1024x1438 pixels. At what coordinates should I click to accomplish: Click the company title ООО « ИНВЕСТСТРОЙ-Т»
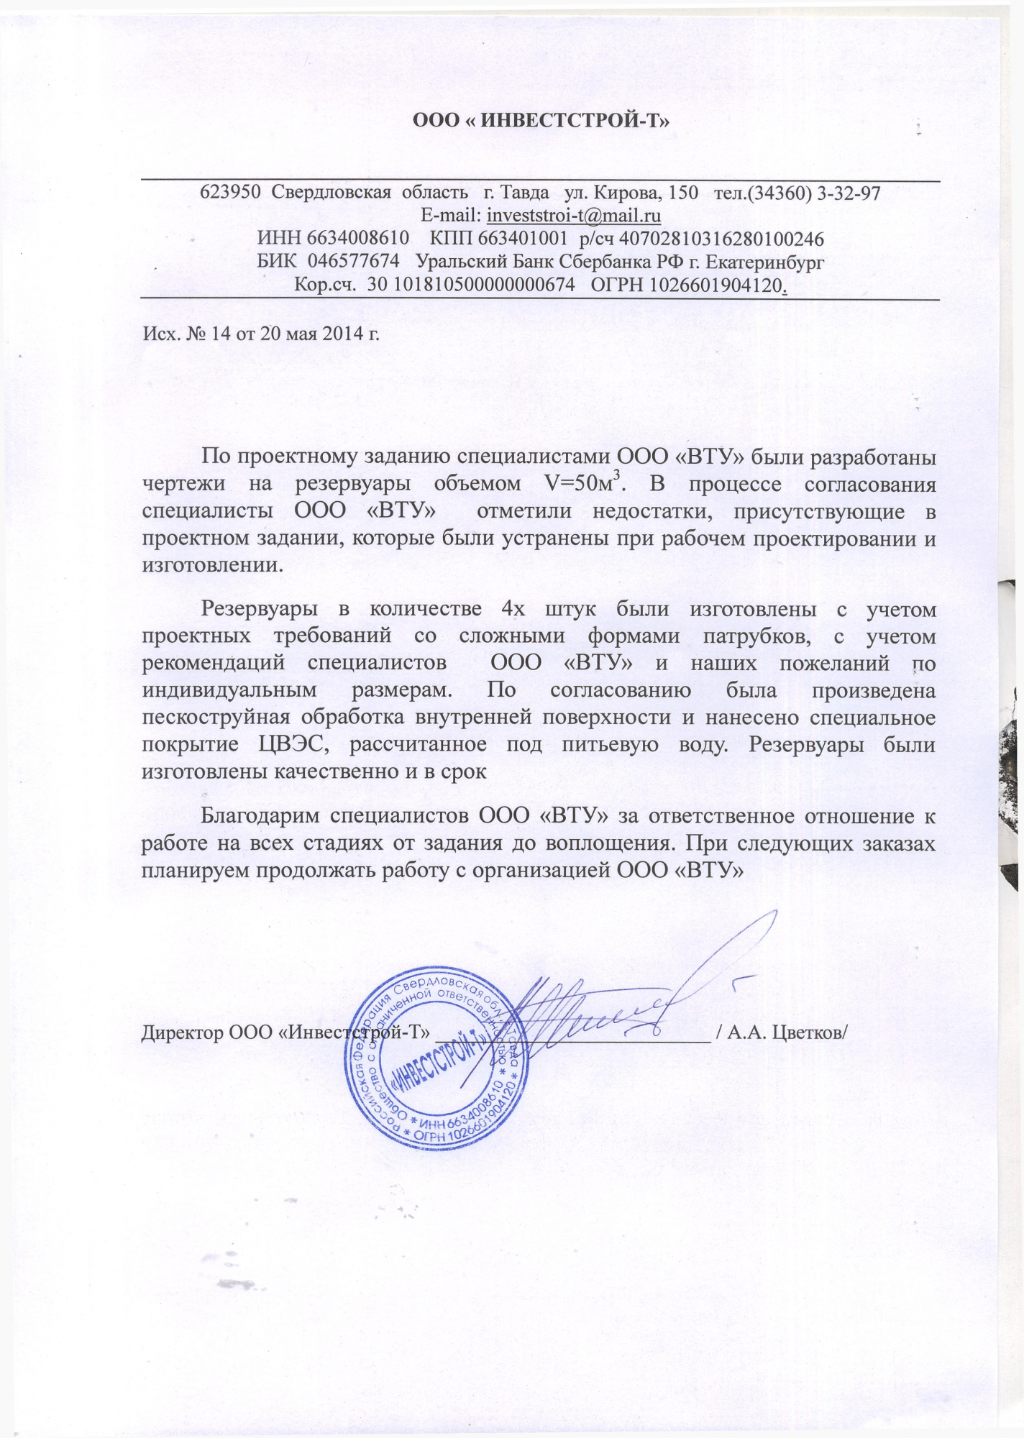(540, 119)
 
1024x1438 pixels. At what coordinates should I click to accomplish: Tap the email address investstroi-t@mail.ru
(574, 215)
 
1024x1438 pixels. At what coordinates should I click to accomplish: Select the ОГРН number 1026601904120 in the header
(715, 284)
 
